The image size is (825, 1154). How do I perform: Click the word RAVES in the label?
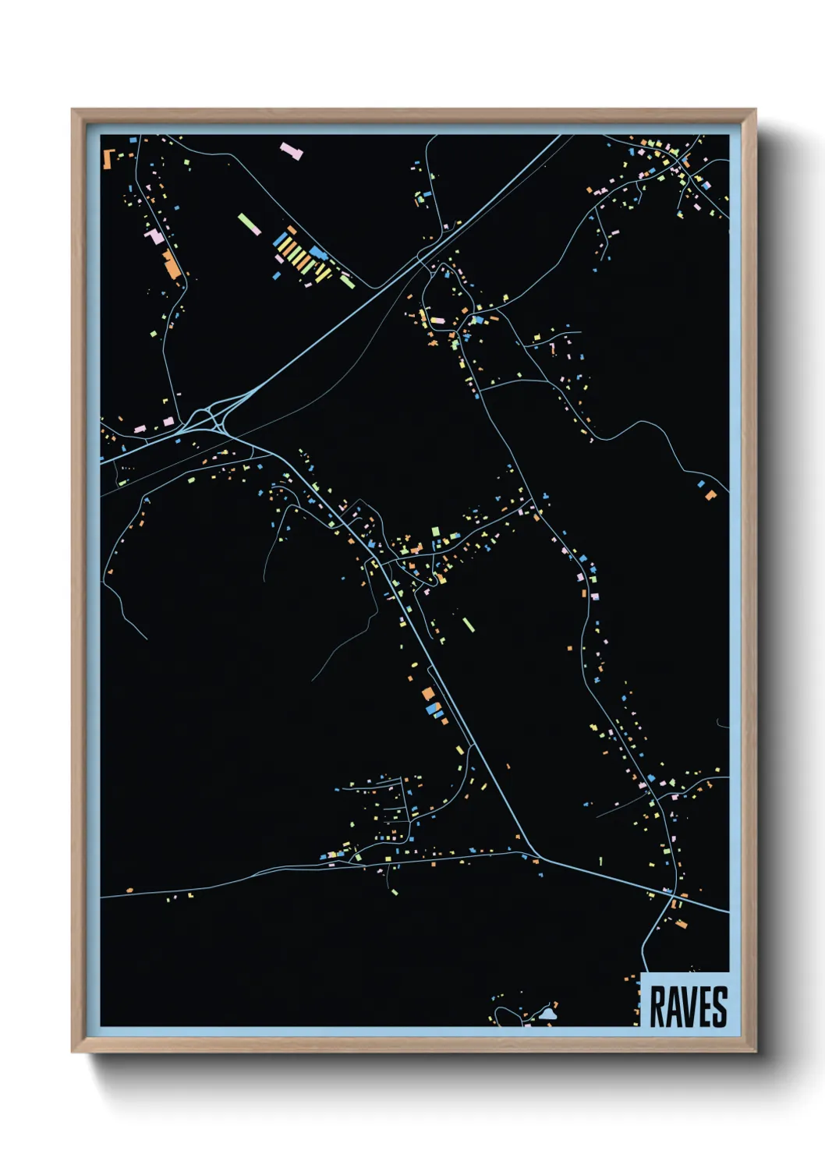click(688, 1007)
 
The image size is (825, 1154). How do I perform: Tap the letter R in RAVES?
click(657, 1007)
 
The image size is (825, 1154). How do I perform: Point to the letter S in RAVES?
click(719, 1007)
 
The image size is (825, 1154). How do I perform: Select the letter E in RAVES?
click(704, 1007)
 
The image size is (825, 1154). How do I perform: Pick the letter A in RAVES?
click(672, 1007)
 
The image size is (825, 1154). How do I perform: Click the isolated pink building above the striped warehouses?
click(292, 150)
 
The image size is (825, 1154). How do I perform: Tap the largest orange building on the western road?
click(172, 264)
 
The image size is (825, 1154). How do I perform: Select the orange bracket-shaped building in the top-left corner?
click(108, 158)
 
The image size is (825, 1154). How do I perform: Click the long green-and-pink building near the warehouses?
click(250, 224)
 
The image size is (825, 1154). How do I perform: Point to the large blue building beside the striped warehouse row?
click(317, 253)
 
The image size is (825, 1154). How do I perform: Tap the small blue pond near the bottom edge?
click(548, 1014)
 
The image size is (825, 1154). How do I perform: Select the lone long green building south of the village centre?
click(468, 625)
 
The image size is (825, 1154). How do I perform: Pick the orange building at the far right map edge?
click(710, 494)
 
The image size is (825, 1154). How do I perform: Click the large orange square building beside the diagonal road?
click(427, 694)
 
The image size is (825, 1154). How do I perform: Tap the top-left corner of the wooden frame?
click(73, 110)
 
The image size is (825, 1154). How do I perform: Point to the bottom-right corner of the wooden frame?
click(755, 1051)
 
